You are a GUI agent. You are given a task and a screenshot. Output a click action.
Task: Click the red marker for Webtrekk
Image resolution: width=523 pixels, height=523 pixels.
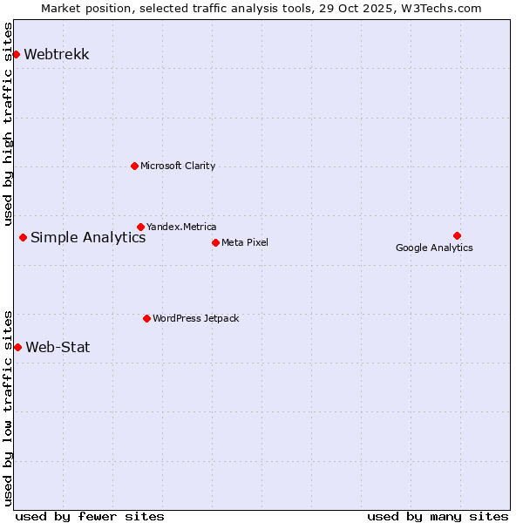(x=16, y=54)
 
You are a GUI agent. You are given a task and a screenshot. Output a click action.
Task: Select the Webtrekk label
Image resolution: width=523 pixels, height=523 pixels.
(x=56, y=54)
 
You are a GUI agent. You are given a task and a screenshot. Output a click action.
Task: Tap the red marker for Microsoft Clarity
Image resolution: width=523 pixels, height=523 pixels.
(x=134, y=166)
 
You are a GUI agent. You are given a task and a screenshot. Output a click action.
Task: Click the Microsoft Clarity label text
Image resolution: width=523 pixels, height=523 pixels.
(x=178, y=166)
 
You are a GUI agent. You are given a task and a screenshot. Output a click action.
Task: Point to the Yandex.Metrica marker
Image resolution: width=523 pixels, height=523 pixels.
(x=140, y=227)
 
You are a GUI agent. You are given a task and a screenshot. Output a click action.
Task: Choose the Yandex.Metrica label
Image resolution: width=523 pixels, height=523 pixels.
(x=181, y=227)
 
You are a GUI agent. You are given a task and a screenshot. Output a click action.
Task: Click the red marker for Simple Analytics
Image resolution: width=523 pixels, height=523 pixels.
(x=23, y=237)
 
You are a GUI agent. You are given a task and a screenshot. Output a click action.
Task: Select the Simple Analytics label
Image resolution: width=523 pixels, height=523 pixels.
(x=88, y=238)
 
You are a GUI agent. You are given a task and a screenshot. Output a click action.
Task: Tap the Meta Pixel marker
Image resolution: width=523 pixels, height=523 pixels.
(x=215, y=242)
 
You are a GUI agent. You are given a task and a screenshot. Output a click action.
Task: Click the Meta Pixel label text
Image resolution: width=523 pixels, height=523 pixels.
(x=245, y=242)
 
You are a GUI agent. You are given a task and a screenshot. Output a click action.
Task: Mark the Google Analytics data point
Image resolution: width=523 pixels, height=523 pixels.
(x=457, y=235)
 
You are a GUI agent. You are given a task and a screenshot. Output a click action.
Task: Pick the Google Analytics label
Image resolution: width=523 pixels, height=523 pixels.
(x=434, y=248)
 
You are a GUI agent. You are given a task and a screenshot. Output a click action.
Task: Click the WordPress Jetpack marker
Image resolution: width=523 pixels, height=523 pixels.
(x=146, y=318)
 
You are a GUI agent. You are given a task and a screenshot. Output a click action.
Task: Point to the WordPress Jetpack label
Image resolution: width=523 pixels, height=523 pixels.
(x=195, y=318)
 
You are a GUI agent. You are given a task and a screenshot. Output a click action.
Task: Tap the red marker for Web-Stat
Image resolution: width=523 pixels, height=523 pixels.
(x=17, y=347)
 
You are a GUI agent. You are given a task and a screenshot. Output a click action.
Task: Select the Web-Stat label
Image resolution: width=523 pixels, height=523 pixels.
(x=58, y=347)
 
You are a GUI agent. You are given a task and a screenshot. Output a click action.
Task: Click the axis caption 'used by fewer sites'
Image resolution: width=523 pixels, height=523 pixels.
(x=90, y=516)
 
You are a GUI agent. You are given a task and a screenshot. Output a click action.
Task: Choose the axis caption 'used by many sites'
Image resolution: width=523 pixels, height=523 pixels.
(x=438, y=516)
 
